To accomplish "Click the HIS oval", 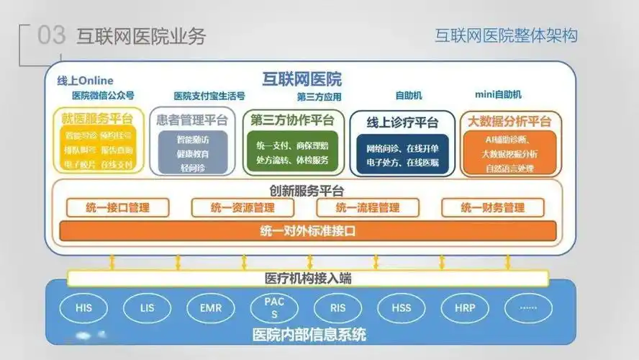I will [83, 308].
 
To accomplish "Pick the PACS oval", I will [274, 308].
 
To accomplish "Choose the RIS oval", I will [338, 308].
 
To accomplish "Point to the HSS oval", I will [402, 308].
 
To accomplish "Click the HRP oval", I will [465, 308].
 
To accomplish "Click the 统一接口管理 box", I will [117, 208].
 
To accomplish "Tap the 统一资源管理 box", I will [243, 208].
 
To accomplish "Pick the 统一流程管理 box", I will [368, 208].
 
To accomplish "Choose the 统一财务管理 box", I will [493, 208].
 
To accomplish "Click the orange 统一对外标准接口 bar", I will [307, 231].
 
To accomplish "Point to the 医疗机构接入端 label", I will [308, 278].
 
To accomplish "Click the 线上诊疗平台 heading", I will [402, 122].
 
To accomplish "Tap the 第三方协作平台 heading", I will [292, 120].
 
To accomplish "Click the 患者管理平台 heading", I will [192, 120].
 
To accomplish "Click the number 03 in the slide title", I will [51, 36].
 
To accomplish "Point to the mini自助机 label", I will [499, 95].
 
